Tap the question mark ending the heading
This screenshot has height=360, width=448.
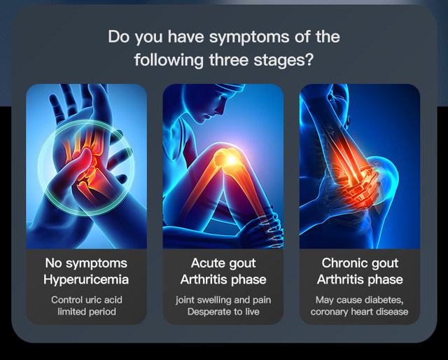coord(309,60)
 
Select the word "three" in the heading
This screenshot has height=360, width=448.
coord(229,60)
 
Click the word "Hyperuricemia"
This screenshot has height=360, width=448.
coord(86,279)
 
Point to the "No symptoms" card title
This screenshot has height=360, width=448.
coord(86,263)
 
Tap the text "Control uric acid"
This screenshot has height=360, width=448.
coord(87,300)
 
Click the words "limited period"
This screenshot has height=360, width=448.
coord(87,312)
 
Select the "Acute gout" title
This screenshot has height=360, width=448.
coord(223,263)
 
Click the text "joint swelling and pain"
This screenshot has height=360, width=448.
coord(223,300)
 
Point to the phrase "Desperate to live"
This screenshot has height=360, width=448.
coord(223,312)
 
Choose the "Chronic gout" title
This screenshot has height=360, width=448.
coord(360,263)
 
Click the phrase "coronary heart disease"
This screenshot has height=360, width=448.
coord(359,312)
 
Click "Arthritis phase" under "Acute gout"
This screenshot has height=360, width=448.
coord(223,279)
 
